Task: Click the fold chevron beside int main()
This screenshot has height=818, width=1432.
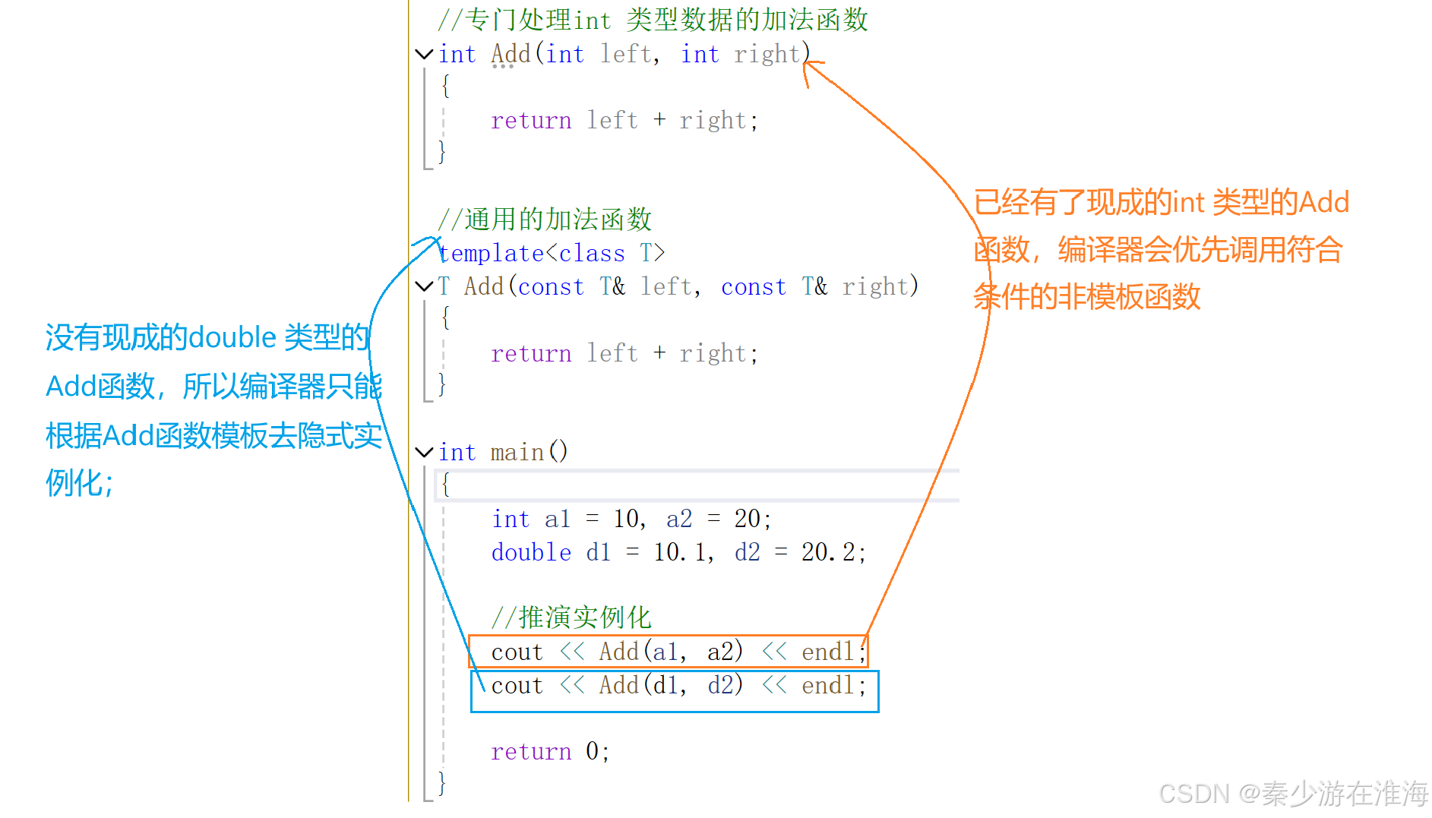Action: point(423,452)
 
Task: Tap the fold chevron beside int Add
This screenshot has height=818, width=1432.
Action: point(423,54)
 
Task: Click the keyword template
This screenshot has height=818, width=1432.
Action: point(491,253)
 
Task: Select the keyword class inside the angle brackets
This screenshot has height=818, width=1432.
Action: point(592,253)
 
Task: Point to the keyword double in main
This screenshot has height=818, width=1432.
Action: point(531,552)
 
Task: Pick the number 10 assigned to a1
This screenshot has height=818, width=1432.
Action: point(627,519)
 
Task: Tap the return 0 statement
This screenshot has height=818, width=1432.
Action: point(549,752)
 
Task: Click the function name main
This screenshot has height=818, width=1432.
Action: point(517,453)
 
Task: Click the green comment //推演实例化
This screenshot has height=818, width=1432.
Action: point(571,617)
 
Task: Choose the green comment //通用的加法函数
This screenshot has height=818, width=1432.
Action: point(545,220)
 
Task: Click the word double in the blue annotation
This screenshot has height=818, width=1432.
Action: point(232,337)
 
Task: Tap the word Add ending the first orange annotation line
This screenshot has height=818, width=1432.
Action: point(1323,203)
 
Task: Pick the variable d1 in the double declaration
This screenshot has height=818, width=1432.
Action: point(598,552)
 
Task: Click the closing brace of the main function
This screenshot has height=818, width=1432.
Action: point(442,782)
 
